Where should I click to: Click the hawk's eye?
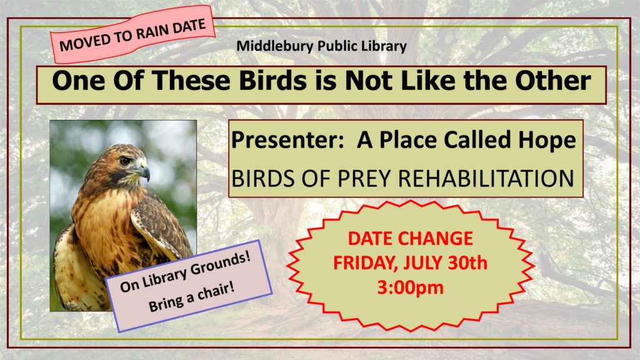coord(124,161)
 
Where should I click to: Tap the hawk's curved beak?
coord(144,172)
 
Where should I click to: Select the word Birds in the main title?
coord(272,80)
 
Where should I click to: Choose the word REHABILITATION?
coord(486,178)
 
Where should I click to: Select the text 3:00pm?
coord(410,287)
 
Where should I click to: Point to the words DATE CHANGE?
coord(410,238)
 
